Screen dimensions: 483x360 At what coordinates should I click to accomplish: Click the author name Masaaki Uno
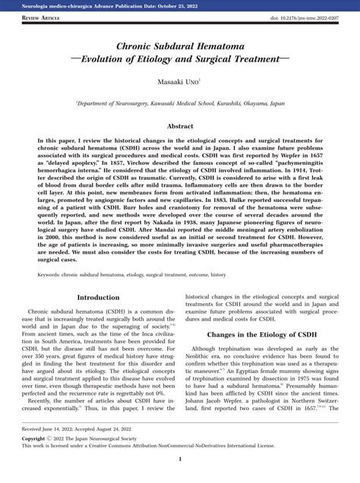179,80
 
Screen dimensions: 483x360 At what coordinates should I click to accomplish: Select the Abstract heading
180,126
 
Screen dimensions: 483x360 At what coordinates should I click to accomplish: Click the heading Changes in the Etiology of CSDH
262,313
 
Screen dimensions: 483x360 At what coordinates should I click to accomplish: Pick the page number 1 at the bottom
180,459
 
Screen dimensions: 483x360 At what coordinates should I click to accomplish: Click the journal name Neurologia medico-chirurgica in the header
65,5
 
